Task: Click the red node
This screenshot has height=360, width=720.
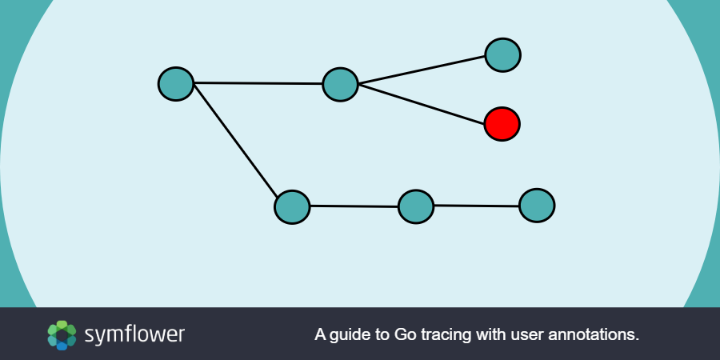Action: [502, 124]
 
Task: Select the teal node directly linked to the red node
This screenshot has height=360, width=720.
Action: [340, 85]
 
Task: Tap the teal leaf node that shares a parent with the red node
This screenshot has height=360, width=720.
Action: [503, 55]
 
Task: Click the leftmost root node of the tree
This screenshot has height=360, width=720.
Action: [176, 84]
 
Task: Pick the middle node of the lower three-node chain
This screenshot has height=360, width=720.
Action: [416, 206]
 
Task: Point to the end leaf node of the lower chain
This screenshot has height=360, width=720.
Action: [537, 206]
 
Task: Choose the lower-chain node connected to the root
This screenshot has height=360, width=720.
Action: [292, 207]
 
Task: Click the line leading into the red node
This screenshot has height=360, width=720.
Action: [422, 104]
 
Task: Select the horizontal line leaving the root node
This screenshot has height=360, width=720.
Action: [258, 83]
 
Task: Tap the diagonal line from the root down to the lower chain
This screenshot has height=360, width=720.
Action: [235, 141]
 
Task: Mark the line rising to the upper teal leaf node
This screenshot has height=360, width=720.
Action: [422, 70]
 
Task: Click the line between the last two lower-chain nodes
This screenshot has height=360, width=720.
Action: [476, 206]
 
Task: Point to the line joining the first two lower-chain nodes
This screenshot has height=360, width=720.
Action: [354, 206]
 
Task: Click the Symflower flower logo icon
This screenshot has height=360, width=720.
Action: [62, 335]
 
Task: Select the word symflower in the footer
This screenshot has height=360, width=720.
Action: [134, 335]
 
